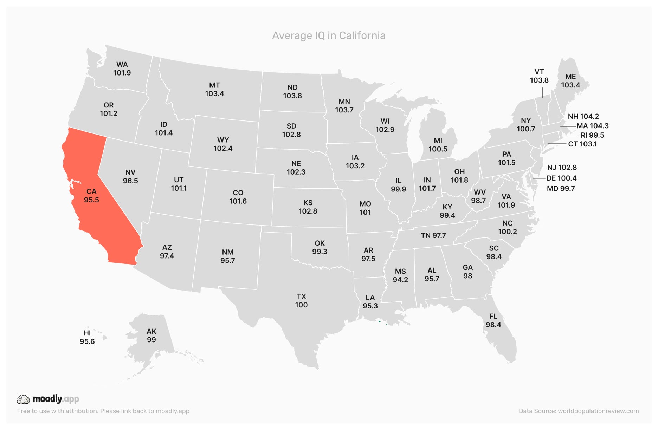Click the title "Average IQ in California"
click(329, 35)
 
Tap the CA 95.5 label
click(91, 196)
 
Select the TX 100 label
click(301, 301)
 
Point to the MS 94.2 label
click(400, 275)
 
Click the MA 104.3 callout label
click(592, 126)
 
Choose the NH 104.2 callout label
click(583, 116)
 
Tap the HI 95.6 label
click(87, 337)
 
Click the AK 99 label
click(151, 335)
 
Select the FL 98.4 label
click(493, 320)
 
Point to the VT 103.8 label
click(539, 76)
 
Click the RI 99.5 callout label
click(592, 135)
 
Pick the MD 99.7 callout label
click(561, 189)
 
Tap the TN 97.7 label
click(433, 235)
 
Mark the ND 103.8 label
click(292, 91)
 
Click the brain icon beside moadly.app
click(23, 399)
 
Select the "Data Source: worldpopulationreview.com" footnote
click(579, 411)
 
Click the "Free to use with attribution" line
click(103, 411)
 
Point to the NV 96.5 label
click(130, 176)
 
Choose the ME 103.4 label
click(570, 81)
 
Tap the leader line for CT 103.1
click(557, 144)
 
